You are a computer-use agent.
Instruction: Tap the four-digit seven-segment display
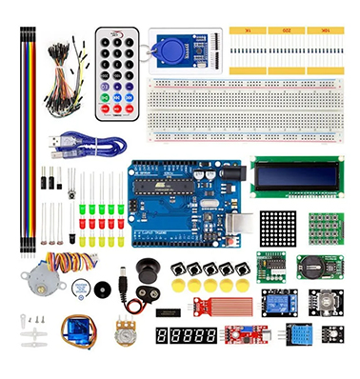coord(186,336)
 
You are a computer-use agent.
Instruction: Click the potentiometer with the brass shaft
coord(123,334)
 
